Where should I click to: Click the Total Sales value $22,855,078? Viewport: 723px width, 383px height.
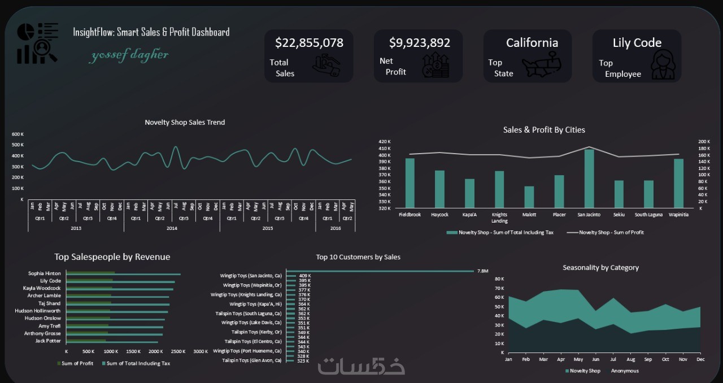pyautogui.click(x=309, y=43)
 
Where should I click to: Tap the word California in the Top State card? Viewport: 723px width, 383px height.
pyautogui.click(x=532, y=43)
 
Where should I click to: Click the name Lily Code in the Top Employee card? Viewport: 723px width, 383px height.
pyautogui.click(x=637, y=43)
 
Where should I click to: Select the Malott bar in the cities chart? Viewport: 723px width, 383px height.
pyautogui.click(x=529, y=197)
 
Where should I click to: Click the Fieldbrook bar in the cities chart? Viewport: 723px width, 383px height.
pyautogui.click(x=410, y=183)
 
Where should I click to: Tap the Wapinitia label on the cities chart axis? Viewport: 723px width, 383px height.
pyautogui.click(x=678, y=215)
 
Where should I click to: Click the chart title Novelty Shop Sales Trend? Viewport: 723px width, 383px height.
pyautogui.click(x=185, y=122)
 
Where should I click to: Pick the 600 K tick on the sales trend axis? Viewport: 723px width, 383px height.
pyautogui.click(x=18, y=134)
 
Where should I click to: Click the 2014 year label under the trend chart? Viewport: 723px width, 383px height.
pyautogui.click(x=172, y=228)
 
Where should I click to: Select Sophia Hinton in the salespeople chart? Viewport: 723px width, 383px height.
pyautogui.click(x=45, y=273)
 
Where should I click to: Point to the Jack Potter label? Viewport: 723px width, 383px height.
pyautogui.click(x=48, y=341)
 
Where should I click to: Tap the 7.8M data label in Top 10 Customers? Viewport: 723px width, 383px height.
pyautogui.click(x=482, y=271)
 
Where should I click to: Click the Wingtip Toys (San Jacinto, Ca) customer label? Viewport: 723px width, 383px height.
pyautogui.click(x=251, y=276)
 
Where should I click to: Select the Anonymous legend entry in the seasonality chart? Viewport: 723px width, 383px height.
pyautogui.click(x=624, y=371)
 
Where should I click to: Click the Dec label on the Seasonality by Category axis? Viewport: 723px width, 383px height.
pyautogui.click(x=700, y=359)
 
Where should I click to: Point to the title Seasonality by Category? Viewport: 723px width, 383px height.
pyautogui.click(x=600, y=268)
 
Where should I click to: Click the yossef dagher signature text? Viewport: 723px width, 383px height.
pyautogui.click(x=129, y=55)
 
